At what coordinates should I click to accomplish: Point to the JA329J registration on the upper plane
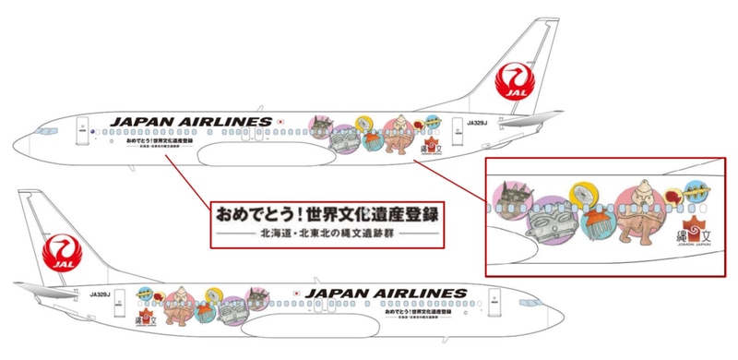476,122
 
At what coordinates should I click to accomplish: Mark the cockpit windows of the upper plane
38,130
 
